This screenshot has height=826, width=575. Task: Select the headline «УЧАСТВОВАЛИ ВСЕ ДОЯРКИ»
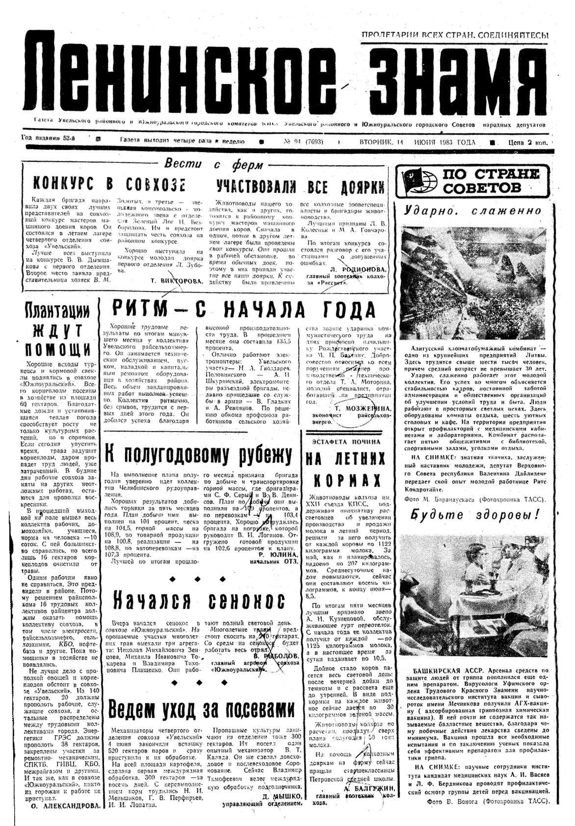coord(300,186)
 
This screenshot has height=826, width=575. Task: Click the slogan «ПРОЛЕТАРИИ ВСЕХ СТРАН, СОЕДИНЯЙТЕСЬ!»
coord(455,35)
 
